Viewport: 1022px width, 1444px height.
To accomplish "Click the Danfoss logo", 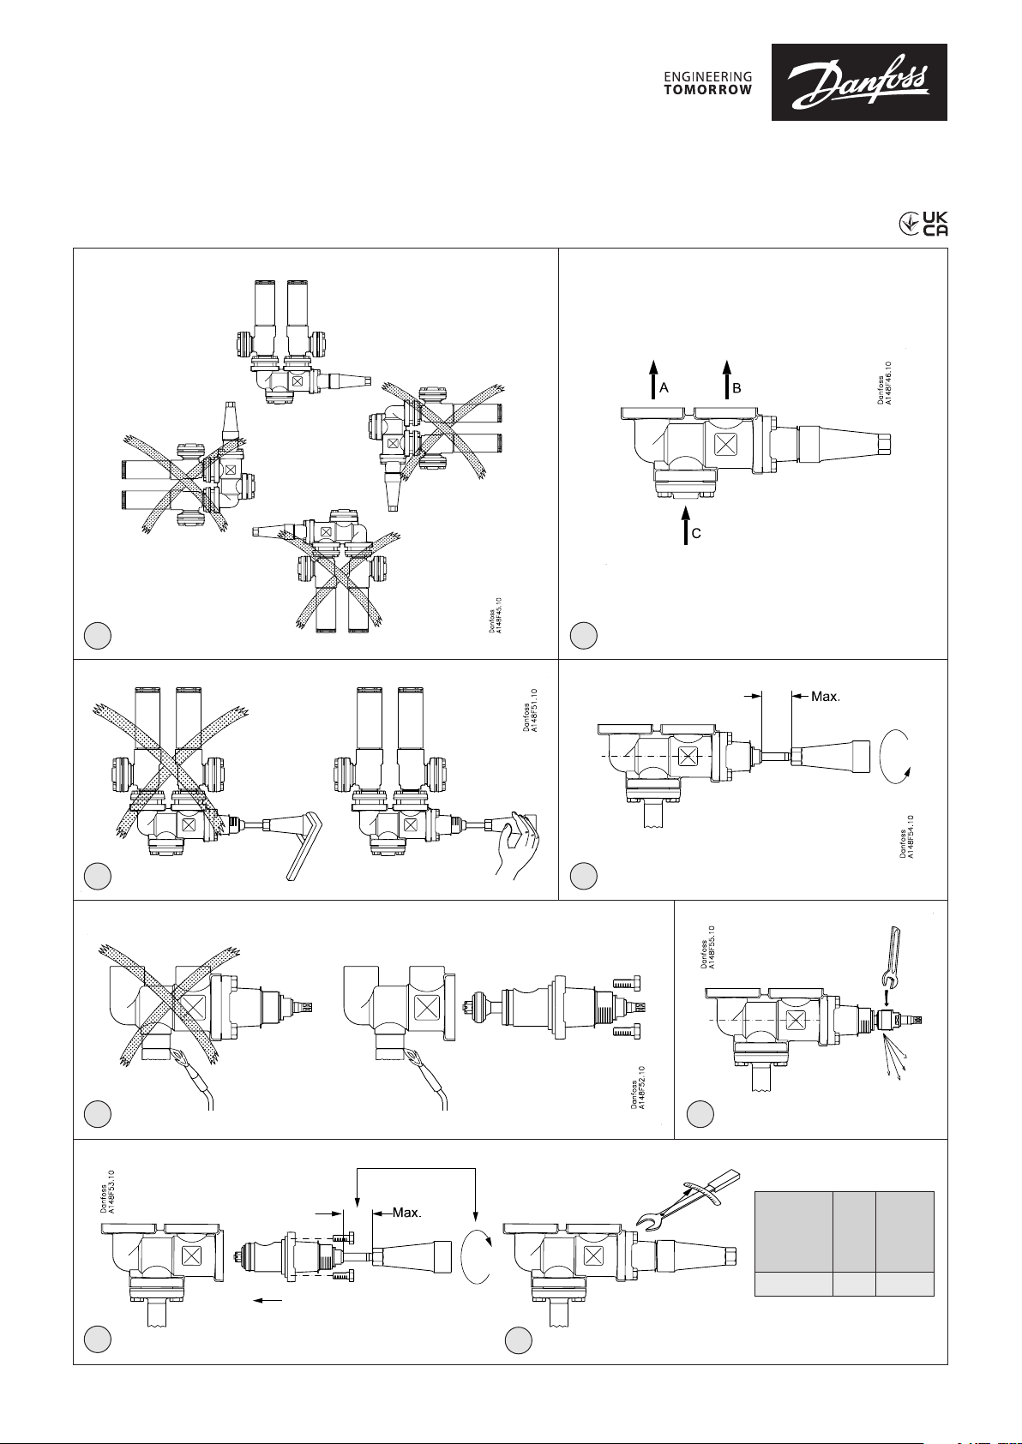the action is coord(859,82).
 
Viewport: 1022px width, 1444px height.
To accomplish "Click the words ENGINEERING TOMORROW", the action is coord(708,83).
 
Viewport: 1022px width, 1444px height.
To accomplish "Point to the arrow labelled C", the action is coord(686,525).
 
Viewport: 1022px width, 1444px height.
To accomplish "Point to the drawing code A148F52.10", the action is coord(639,1087).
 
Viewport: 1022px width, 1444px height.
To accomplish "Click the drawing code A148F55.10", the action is coord(707,948).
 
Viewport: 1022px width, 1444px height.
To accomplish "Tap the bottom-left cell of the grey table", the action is coord(793,1285).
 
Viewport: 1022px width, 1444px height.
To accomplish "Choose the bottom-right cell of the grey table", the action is coord(905,1285).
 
